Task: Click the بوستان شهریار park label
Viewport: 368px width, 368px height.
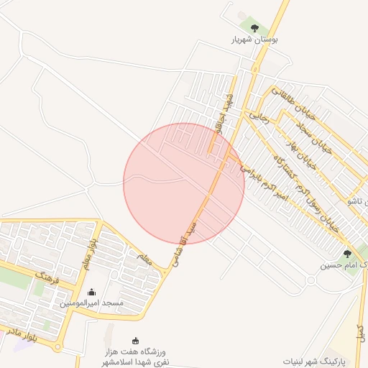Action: [254, 40]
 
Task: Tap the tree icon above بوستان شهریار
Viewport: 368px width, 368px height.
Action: [254, 28]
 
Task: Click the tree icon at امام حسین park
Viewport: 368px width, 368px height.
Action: [347, 254]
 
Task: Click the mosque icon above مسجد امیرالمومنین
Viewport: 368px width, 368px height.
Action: [91, 292]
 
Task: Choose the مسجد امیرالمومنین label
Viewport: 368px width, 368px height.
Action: [91, 303]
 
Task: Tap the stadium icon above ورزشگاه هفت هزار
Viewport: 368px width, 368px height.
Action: [134, 341]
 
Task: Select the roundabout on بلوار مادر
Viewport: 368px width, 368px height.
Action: [58, 347]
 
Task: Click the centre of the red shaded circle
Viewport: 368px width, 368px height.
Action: [184, 183]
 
